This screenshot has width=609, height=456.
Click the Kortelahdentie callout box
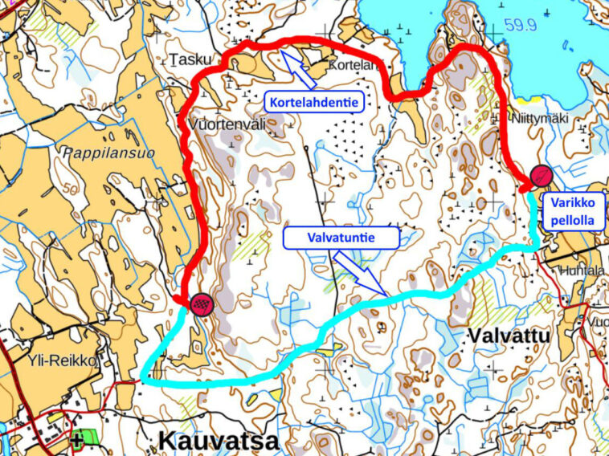click(x=313, y=100)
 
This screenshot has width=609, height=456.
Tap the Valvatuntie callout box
click(x=342, y=237)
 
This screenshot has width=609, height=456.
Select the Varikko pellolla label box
click(x=574, y=212)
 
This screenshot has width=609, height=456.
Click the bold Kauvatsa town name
click(x=218, y=440)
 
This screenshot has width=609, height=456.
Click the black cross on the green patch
click(x=77, y=439)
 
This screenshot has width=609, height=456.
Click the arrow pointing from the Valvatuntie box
click(x=361, y=274)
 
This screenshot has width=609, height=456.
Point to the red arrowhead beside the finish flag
click(x=178, y=299)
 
